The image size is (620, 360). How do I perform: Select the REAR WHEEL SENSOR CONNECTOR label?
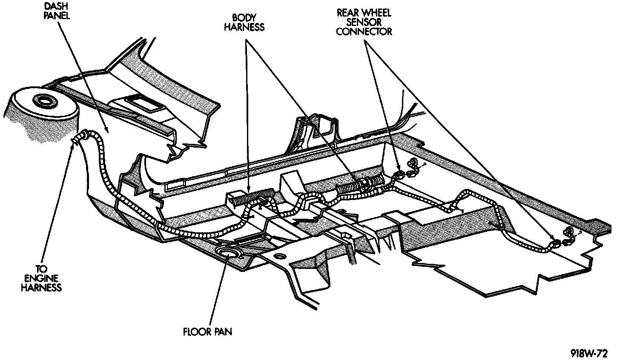[364, 22]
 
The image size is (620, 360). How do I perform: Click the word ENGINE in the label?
[43, 278]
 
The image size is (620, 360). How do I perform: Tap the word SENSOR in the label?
[364, 22]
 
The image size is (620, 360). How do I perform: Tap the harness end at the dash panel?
[79, 138]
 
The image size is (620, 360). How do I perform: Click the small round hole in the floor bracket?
[279, 256]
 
